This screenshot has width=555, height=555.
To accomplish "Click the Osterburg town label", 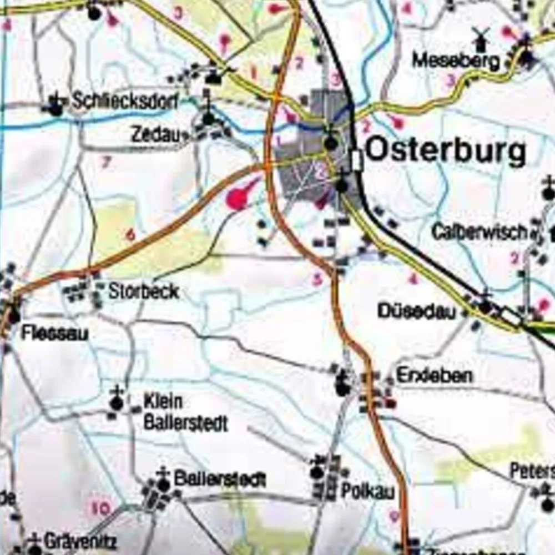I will coord(446,150).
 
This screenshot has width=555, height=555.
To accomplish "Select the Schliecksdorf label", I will coord(125,101).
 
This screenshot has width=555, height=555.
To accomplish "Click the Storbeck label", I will coord(143,291).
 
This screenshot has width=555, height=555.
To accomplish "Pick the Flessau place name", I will coord(54,333).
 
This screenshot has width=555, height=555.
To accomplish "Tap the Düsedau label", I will coord(417,310).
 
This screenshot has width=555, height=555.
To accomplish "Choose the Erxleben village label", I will coord(434,376).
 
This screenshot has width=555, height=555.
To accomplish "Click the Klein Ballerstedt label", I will coord(185,412).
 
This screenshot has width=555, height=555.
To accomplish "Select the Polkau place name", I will coord(367,491).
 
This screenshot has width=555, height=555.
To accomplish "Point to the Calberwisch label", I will coord(478,232).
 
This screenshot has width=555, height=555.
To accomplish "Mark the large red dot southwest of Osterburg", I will coord(238,199).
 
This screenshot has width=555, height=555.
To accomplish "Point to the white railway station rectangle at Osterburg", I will coord(357,160).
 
